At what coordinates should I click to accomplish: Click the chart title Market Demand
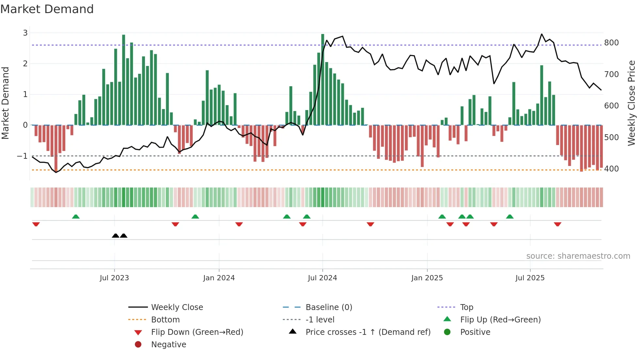[x=47, y=9]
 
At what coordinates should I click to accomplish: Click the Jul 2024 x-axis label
[x=322, y=278]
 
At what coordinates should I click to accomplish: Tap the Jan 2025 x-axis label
[x=427, y=278]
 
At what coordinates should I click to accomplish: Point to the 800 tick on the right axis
[x=611, y=43]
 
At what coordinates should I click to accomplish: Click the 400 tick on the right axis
[x=611, y=169]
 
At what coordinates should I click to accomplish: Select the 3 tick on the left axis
[x=25, y=33]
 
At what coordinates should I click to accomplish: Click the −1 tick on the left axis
[x=23, y=156]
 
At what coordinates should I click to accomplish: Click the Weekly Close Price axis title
[x=632, y=103]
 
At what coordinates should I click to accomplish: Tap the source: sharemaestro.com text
[x=578, y=256]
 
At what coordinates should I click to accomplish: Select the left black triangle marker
[x=115, y=236]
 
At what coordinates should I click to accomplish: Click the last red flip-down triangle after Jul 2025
[x=557, y=224]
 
